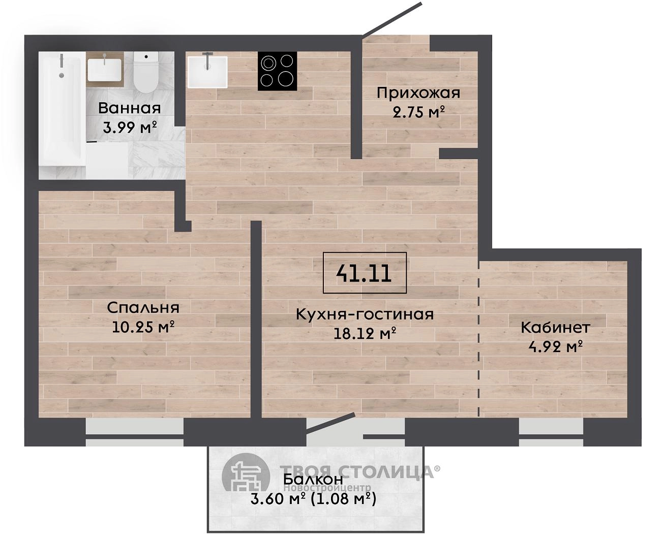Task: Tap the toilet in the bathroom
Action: pos(146,72)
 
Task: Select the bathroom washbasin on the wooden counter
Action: pos(104,70)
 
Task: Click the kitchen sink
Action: pos(207,72)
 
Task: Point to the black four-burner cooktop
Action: pos(277,71)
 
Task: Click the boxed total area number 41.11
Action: pos(365,272)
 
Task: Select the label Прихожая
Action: pos(418,92)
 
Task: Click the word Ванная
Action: pos(130,108)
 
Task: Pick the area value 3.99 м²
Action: pos(130,127)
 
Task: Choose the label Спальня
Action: pos(143,308)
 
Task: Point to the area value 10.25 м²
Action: pos(143,327)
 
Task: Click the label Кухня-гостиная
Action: pos(365,314)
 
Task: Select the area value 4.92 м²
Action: pos(555,347)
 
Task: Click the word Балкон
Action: pos(313,480)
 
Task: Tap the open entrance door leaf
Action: pos(392,19)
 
